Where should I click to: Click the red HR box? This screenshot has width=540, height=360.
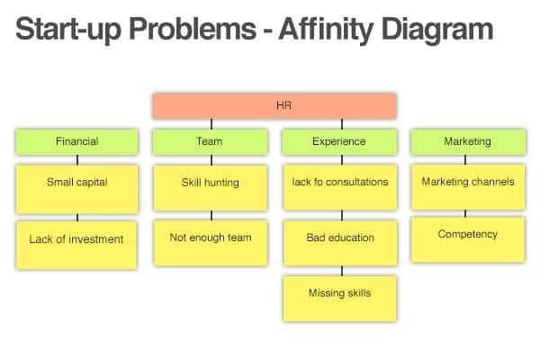pos(274,106)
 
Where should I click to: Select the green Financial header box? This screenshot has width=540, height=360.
pos(77,142)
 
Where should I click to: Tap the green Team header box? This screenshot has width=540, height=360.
pos(210,142)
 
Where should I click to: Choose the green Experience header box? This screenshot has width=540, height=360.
pos(339,142)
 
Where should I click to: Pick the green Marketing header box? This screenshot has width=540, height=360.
pos(468,142)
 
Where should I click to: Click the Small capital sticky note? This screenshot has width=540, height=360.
pos(77,189)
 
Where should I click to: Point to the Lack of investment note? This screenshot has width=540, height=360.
pos(76,245)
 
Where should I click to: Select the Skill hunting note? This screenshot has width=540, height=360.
pos(211,188)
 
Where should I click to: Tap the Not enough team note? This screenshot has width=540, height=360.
pos(211,243)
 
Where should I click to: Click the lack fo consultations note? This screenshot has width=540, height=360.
pos(340,187)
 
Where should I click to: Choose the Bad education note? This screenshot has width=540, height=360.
pos(340,243)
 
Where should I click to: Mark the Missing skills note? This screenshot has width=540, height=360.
pos(340,299)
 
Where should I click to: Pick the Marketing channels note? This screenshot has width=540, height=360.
pos(468,187)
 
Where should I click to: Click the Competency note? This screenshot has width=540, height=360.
pos(468,239)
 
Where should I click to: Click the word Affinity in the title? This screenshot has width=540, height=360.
pos(326,30)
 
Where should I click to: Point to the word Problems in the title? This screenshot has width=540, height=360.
pos(193,29)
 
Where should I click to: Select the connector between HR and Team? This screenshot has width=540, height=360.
pos(211,124)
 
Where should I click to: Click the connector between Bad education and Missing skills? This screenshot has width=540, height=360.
pos(342,271)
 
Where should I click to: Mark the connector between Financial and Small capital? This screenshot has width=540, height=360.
pos(77,160)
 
